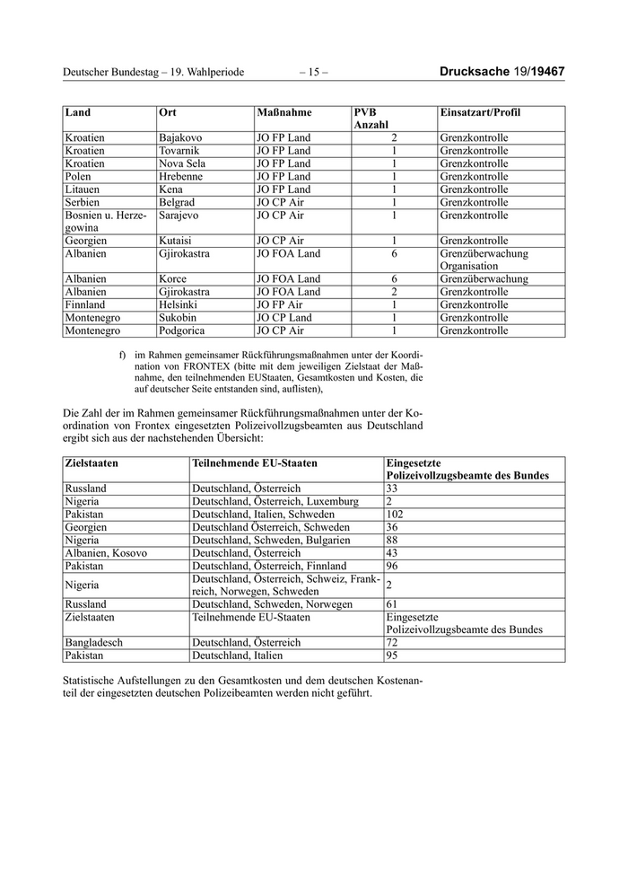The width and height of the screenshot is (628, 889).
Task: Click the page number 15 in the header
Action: click(313, 72)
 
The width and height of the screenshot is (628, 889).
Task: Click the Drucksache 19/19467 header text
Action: click(502, 72)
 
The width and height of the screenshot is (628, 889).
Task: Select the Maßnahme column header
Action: click(284, 113)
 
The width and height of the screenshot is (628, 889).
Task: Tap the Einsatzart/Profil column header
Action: click(480, 113)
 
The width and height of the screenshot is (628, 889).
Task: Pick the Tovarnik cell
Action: click(179, 151)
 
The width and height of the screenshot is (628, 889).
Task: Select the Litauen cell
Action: click(83, 189)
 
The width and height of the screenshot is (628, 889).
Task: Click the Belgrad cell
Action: click(177, 203)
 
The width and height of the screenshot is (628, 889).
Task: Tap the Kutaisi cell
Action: click(176, 241)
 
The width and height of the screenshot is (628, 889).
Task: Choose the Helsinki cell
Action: click(179, 305)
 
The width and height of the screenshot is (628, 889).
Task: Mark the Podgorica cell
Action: click(182, 330)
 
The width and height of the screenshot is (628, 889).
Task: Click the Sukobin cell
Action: click(179, 318)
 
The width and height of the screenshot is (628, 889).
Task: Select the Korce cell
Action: click(173, 279)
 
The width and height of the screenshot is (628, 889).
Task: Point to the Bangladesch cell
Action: click(94, 643)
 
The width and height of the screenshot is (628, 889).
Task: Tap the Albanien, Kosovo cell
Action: click(105, 553)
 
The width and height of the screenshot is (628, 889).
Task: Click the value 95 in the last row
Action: click(392, 656)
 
